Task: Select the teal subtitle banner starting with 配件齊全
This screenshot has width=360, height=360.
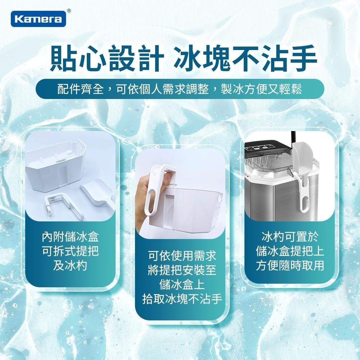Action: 180,89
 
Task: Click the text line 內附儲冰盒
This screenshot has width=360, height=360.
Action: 70,238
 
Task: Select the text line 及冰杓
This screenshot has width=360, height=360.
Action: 70,266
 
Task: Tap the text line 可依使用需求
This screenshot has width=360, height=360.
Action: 182,257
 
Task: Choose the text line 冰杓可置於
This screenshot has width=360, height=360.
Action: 290,238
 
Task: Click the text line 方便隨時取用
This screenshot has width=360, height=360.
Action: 290,266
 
